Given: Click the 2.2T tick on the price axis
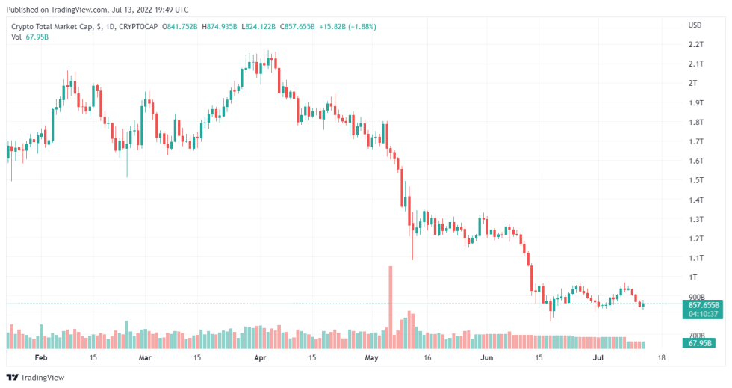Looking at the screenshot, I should [x=695, y=45].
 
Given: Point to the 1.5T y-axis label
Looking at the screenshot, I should [x=695, y=180].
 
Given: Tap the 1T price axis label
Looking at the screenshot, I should [x=693, y=277].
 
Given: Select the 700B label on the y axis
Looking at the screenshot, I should [x=695, y=336].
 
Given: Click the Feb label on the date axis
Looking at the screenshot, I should [x=41, y=358].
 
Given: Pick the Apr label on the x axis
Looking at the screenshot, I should [x=261, y=358].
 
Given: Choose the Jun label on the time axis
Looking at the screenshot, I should [x=487, y=358].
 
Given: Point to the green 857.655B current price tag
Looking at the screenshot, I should [x=703, y=305].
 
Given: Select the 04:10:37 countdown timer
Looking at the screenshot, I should [x=703, y=314].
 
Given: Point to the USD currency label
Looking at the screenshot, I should [x=695, y=25].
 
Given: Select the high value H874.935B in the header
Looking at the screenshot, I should [x=216, y=26].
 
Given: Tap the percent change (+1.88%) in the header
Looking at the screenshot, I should [x=360, y=26].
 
